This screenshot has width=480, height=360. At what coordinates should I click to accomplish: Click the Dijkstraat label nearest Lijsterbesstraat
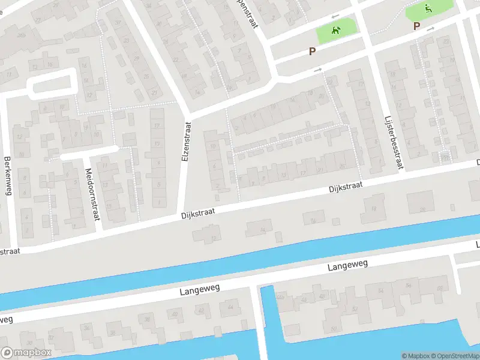[346, 188]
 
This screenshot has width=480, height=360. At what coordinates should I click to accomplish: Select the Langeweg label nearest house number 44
[200, 290]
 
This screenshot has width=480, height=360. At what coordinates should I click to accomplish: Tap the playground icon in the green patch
[428, 8]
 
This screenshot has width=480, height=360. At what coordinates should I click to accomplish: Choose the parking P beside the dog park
[312, 52]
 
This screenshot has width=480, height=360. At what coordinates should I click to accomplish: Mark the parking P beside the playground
[416, 26]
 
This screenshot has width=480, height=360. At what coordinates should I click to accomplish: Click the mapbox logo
[26, 353]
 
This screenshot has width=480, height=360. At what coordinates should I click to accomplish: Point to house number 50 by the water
[334, 329]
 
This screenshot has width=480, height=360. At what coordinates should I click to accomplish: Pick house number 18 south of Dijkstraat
[373, 208]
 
